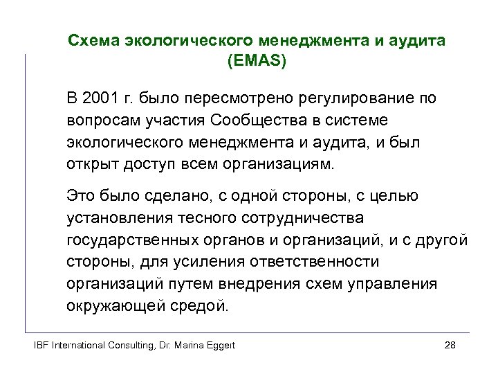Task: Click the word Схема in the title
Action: click(x=93, y=41)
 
